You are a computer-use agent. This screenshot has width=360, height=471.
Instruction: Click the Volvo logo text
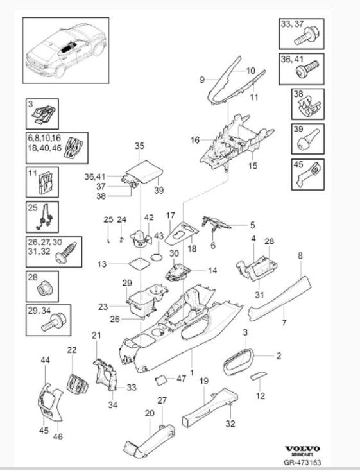pos(303,449)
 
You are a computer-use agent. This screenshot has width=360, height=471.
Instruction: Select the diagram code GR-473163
pos(303,463)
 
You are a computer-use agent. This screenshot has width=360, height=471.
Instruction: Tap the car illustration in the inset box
pos(66,49)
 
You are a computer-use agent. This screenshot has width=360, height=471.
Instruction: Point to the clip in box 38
pos(309,107)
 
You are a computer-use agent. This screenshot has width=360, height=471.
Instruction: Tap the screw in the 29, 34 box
pos(54,321)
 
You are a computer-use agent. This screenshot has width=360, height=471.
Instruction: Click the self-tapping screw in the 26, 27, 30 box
pos(66,252)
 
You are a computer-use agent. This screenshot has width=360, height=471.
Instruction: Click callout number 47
pos(181,379)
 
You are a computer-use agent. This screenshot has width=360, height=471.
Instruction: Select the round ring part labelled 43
pos(157,258)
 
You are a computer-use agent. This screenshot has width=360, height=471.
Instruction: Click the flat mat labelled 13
pos(139,264)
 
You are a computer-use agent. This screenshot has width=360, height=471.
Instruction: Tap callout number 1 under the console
pos(192,372)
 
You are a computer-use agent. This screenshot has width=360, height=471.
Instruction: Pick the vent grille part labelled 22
pos(78,383)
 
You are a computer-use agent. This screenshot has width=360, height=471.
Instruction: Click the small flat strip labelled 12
pos(259,375)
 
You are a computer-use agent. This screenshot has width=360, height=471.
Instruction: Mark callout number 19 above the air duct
pos(204,381)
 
